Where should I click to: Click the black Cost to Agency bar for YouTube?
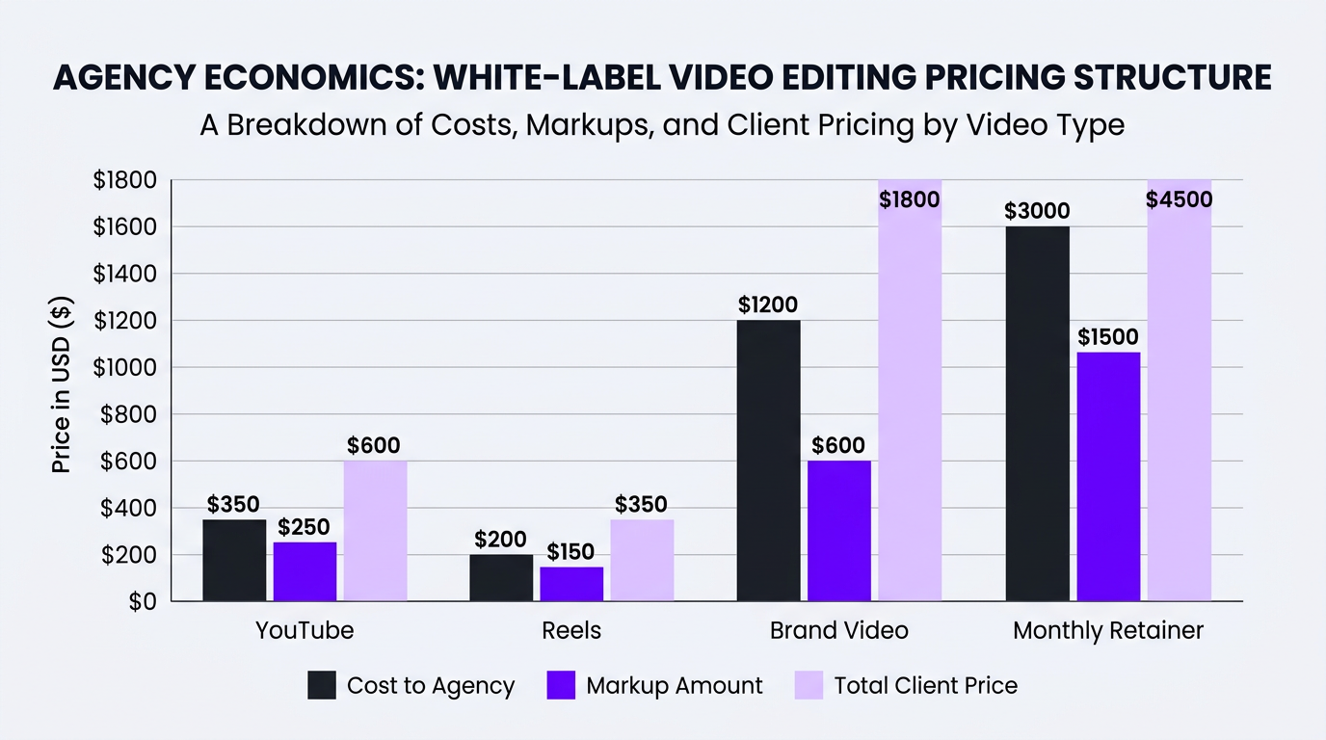pos(234,561)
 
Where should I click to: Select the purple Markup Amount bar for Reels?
pos(571,584)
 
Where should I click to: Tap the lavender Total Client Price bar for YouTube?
pos(375,531)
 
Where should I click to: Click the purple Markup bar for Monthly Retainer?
pos(1108,477)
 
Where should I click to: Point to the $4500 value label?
pos(1179,200)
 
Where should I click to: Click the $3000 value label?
pos(1037,211)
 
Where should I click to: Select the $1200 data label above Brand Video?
pos(768,305)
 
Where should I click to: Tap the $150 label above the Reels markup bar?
pos(570,552)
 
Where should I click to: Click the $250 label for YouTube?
pos(304,527)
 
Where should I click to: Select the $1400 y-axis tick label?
pos(124,274)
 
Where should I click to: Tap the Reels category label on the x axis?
pos(571,630)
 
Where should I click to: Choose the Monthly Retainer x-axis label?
pos(1108,630)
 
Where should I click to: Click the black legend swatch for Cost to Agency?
pos(322,686)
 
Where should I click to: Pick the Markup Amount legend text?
pos(675,686)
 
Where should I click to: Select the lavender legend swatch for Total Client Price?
pos(809,686)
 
